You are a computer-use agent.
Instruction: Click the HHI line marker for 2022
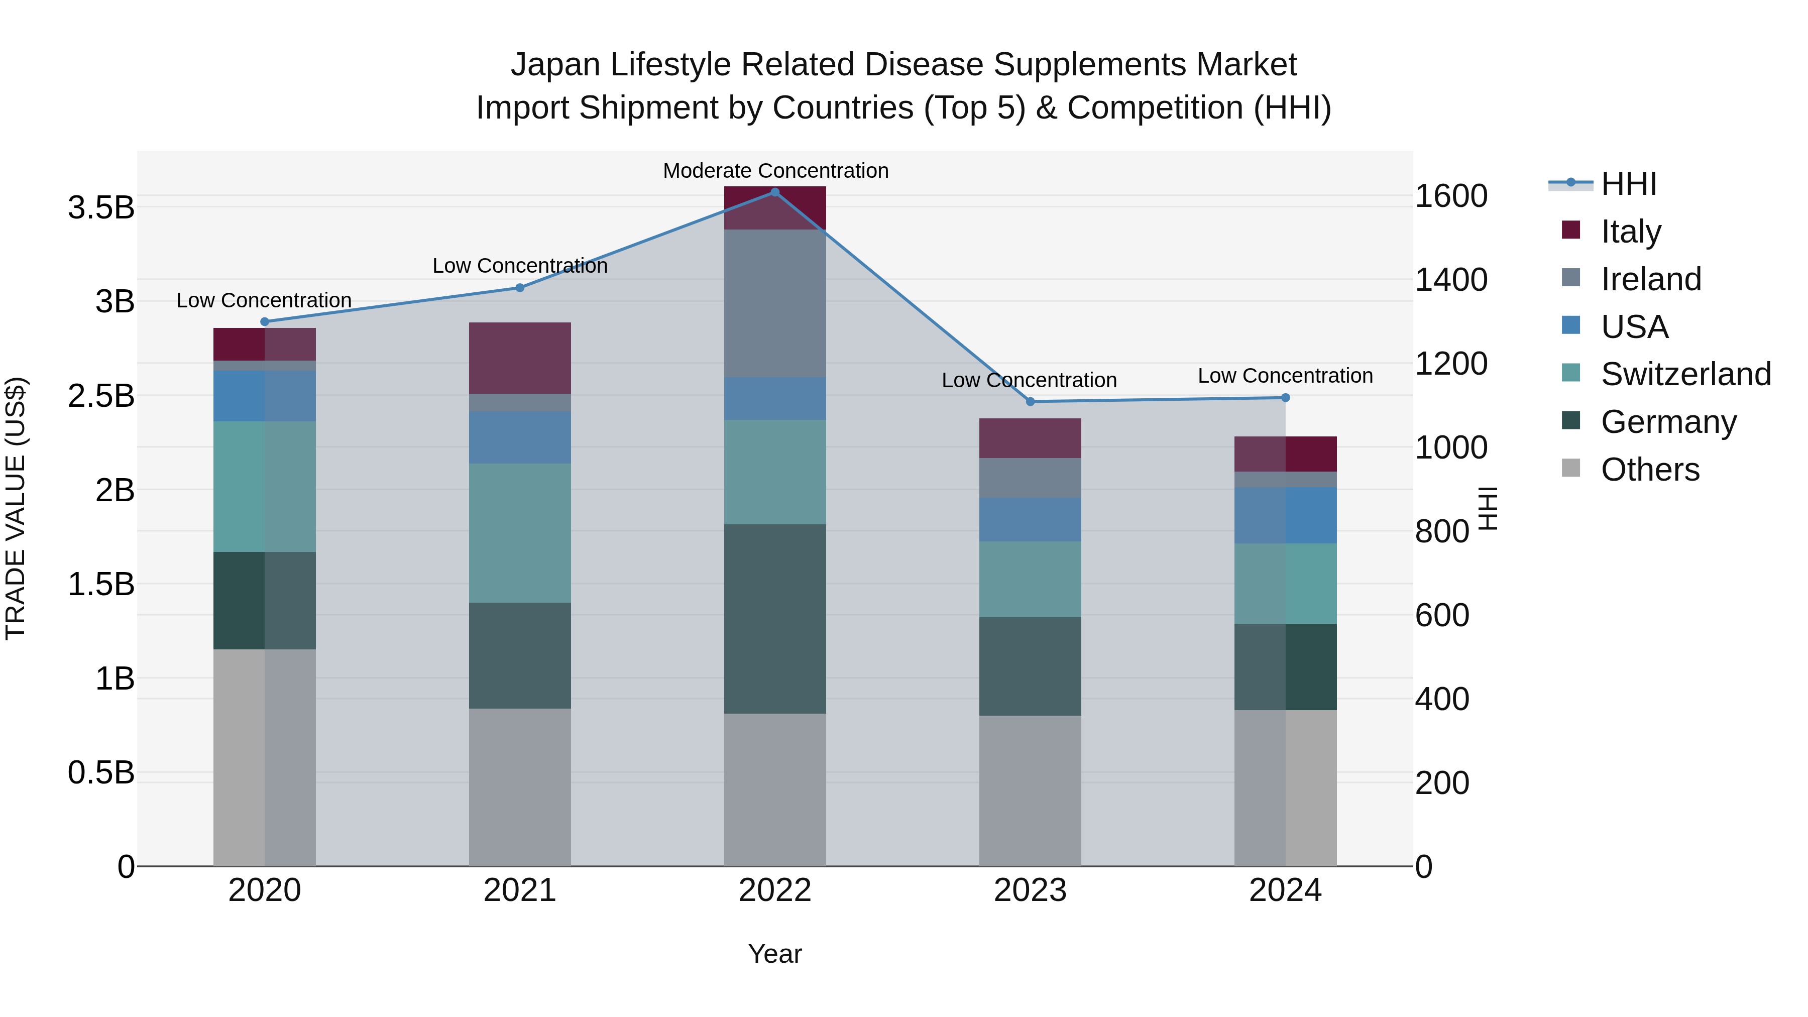[775, 192]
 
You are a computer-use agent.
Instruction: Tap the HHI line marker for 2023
[1031, 401]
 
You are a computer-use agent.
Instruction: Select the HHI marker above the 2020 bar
[265, 322]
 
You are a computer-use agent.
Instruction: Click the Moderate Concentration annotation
[775, 171]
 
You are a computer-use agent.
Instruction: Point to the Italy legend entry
[1630, 231]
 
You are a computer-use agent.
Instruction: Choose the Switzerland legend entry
[1685, 374]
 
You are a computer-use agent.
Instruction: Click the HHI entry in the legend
[1628, 184]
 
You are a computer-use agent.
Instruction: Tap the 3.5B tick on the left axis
[101, 208]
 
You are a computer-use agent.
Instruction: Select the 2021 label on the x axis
[519, 890]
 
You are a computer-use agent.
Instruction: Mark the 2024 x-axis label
[1285, 890]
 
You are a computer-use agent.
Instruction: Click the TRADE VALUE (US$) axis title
[16, 508]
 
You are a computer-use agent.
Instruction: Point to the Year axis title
[775, 954]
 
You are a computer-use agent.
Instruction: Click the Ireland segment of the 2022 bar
[775, 303]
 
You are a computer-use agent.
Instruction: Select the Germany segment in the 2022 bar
[775, 619]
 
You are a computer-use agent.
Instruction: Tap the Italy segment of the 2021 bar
[519, 358]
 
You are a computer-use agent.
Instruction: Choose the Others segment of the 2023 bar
[1031, 791]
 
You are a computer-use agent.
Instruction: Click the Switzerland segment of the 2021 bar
[519, 533]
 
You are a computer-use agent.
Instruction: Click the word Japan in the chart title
[555, 65]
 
